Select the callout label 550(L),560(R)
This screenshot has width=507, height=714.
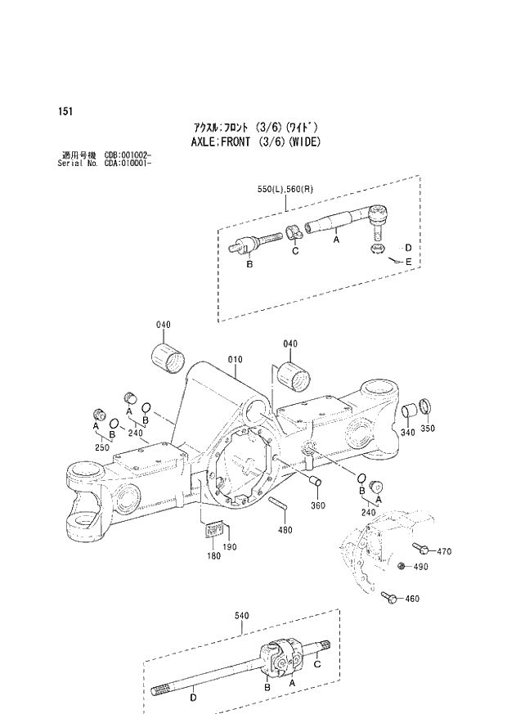point(285,190)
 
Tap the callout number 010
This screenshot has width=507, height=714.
point(236,359)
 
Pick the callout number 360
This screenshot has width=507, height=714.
point(318,505)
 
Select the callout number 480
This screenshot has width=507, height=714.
point(285,530)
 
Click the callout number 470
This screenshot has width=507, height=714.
point(444,551)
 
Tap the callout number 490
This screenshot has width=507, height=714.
point(420,568)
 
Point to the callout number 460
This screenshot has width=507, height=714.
point(411,599)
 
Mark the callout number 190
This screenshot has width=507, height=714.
point(230,546)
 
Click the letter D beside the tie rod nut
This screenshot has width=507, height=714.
point(407,248)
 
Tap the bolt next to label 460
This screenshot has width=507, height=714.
point(389,598)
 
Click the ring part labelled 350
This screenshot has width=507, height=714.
point(426,406)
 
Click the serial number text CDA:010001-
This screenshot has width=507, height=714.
point(128,162)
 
